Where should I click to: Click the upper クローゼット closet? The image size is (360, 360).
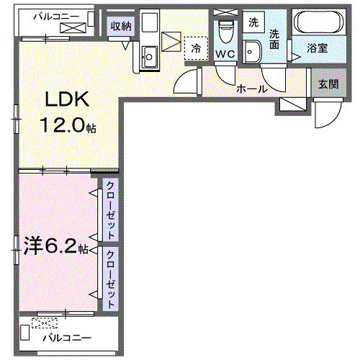(x=110, y=210)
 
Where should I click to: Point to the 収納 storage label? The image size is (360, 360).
(x=120, y=27)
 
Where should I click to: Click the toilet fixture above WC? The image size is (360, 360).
(x=225, y=31)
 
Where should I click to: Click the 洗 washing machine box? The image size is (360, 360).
(x=253, y=22)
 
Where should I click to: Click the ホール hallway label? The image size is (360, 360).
(x=253, y=89)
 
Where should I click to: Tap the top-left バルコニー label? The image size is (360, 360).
(x=48, y=14)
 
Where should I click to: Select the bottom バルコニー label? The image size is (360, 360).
(x=66, y=337)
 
